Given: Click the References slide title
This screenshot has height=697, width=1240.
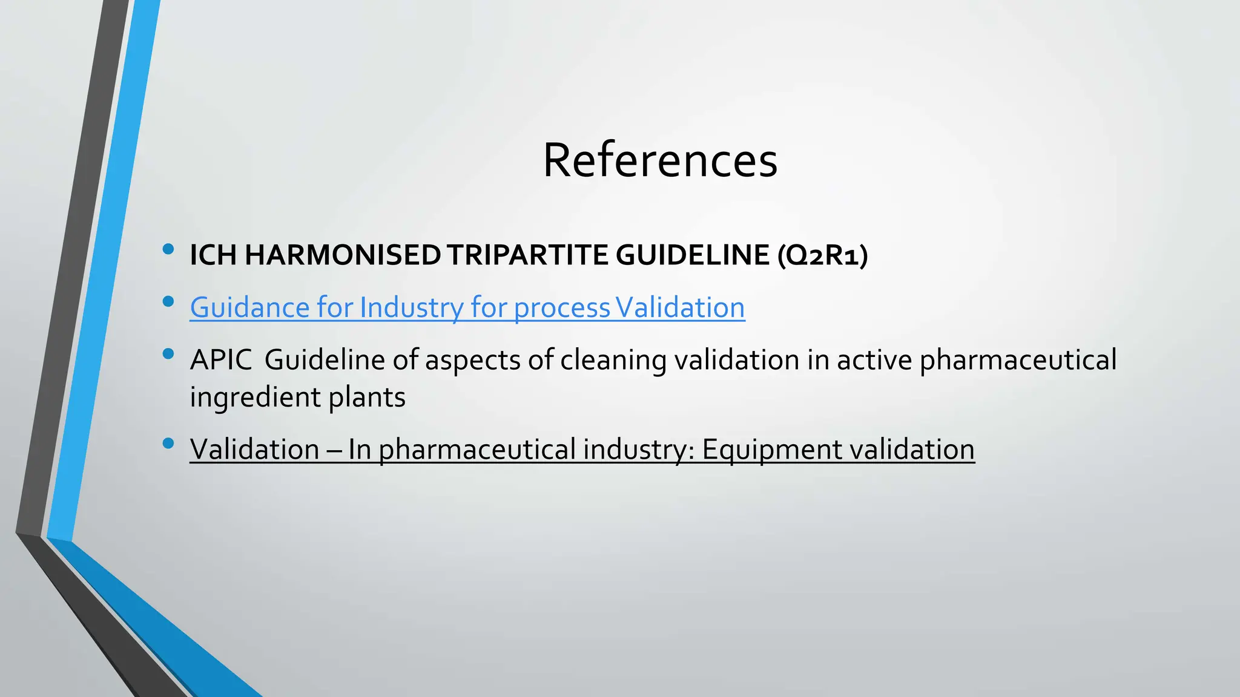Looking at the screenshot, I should [x=660, y=160].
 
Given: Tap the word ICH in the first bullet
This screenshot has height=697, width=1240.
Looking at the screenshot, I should [x=213, y=255].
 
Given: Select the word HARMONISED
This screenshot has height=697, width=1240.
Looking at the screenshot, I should [x=343, y=255].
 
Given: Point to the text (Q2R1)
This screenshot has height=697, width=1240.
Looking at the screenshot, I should [x=823, y=255].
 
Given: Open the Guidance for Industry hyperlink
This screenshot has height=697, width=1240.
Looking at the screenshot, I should [x=467, y=307].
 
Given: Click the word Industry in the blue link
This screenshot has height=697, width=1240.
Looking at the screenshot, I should [x=411, y=307].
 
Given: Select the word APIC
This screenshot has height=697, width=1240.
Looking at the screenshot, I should [x=221, y=360].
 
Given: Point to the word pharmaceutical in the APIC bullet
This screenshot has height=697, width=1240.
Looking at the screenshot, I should [x=1018, y=360].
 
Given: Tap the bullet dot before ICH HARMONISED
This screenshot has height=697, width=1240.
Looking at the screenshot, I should [x=168, y=249].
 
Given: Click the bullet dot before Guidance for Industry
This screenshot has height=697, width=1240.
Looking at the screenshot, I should [x=168, y=301].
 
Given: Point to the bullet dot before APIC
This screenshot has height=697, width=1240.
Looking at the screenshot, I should [x=168, y=353].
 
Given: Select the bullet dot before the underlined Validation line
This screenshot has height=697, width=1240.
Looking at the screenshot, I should [x=168, y=443].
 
